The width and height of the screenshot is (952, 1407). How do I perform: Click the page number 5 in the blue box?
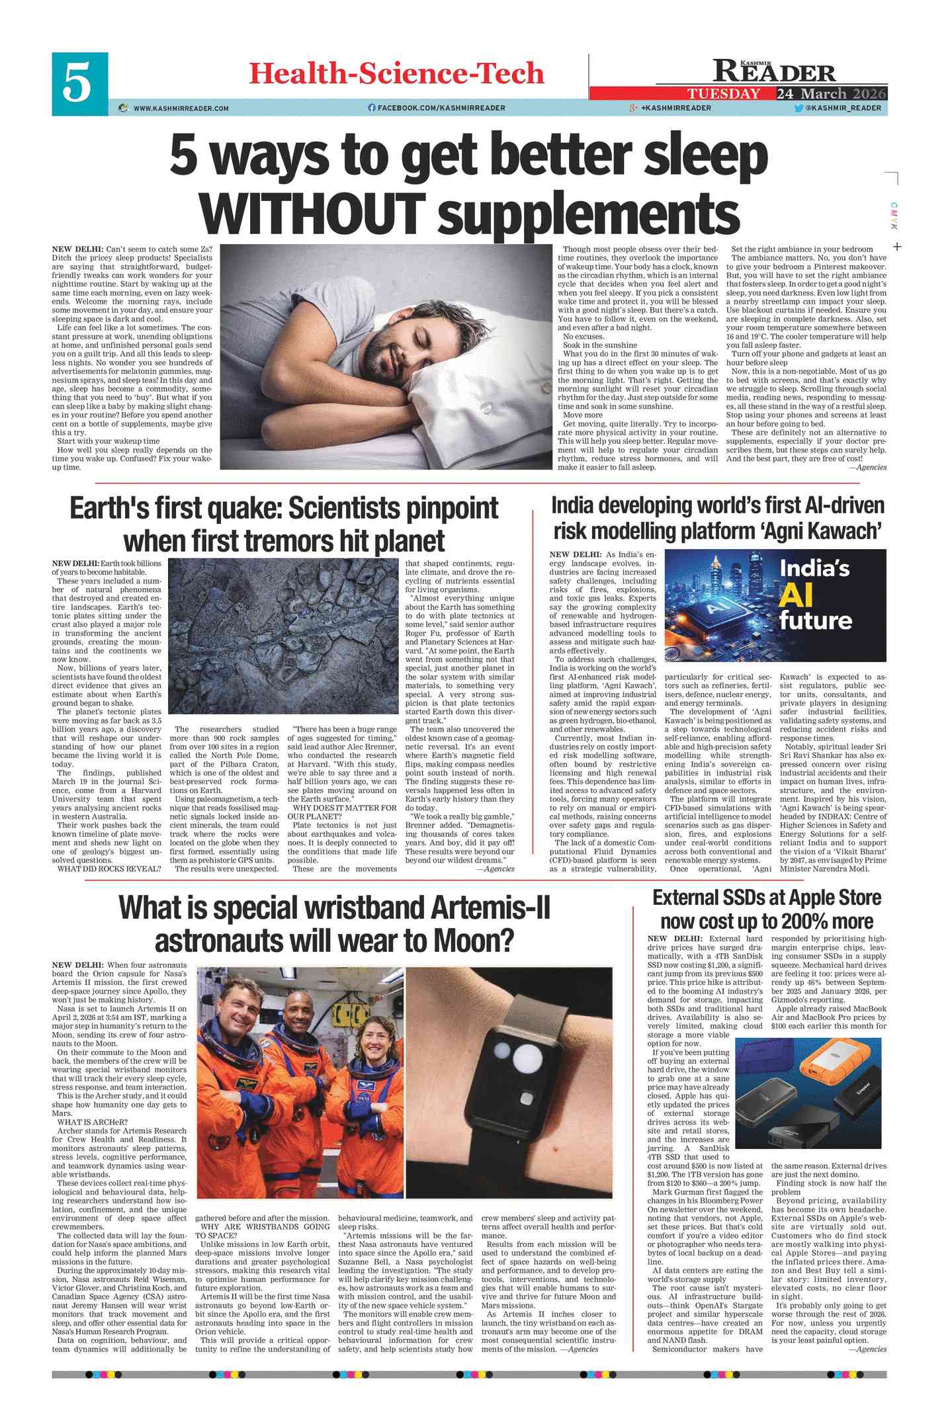(x=79, y=83)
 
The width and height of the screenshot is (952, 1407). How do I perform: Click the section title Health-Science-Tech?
(x=396, y=73)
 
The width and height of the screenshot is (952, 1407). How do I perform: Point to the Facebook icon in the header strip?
(x=372, y=108)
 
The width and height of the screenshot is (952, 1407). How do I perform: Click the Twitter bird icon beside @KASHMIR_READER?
(x=799, y=108)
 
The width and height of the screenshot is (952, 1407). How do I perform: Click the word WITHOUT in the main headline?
(x=312, y=211)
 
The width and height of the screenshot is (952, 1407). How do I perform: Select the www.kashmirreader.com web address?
(x=181, y=108)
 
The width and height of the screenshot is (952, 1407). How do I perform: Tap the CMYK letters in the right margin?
(x=893, y=216)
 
